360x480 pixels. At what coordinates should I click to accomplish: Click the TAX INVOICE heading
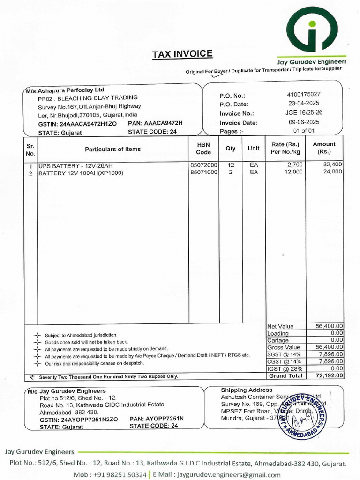coord(182,54)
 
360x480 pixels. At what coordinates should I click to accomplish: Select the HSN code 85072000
coord(203,165)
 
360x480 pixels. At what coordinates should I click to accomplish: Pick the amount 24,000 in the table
coord(333,172)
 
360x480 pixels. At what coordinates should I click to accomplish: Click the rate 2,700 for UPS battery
coord(295,165)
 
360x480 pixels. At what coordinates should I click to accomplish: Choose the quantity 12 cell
coord(231,165)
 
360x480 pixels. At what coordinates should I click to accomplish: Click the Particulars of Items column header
coord(112,149)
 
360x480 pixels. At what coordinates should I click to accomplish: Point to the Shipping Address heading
coord(246,390)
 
